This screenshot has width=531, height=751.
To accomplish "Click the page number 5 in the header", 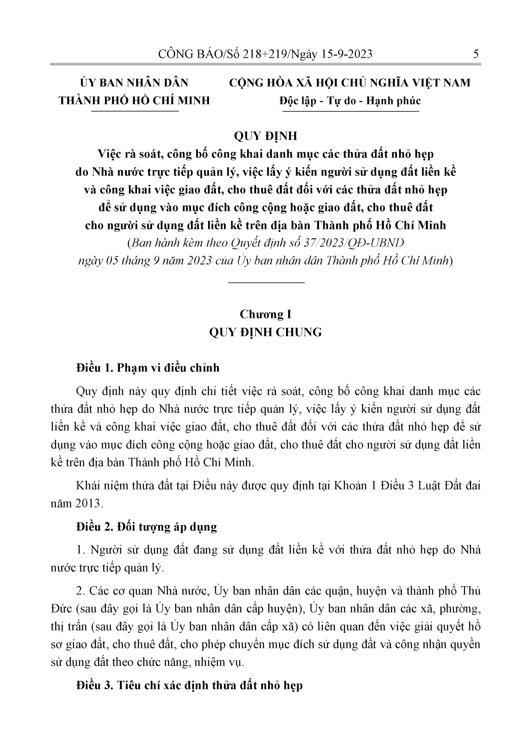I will [x=476, y=54].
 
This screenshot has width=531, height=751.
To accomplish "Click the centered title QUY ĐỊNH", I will [x=265, y=136].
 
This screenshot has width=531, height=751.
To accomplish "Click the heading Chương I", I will [x=265, y=314].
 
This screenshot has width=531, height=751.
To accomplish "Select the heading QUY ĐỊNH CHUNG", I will [x=265, y=332].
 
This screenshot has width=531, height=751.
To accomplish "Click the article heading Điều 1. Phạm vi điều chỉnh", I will [x=148, y=368].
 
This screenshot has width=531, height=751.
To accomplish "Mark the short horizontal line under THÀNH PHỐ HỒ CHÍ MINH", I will [x=135, y=111].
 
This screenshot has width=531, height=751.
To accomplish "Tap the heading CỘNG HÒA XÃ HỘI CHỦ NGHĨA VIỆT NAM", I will [x=349, y=83].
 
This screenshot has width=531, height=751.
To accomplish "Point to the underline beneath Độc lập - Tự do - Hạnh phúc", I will [x=350, y=111].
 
